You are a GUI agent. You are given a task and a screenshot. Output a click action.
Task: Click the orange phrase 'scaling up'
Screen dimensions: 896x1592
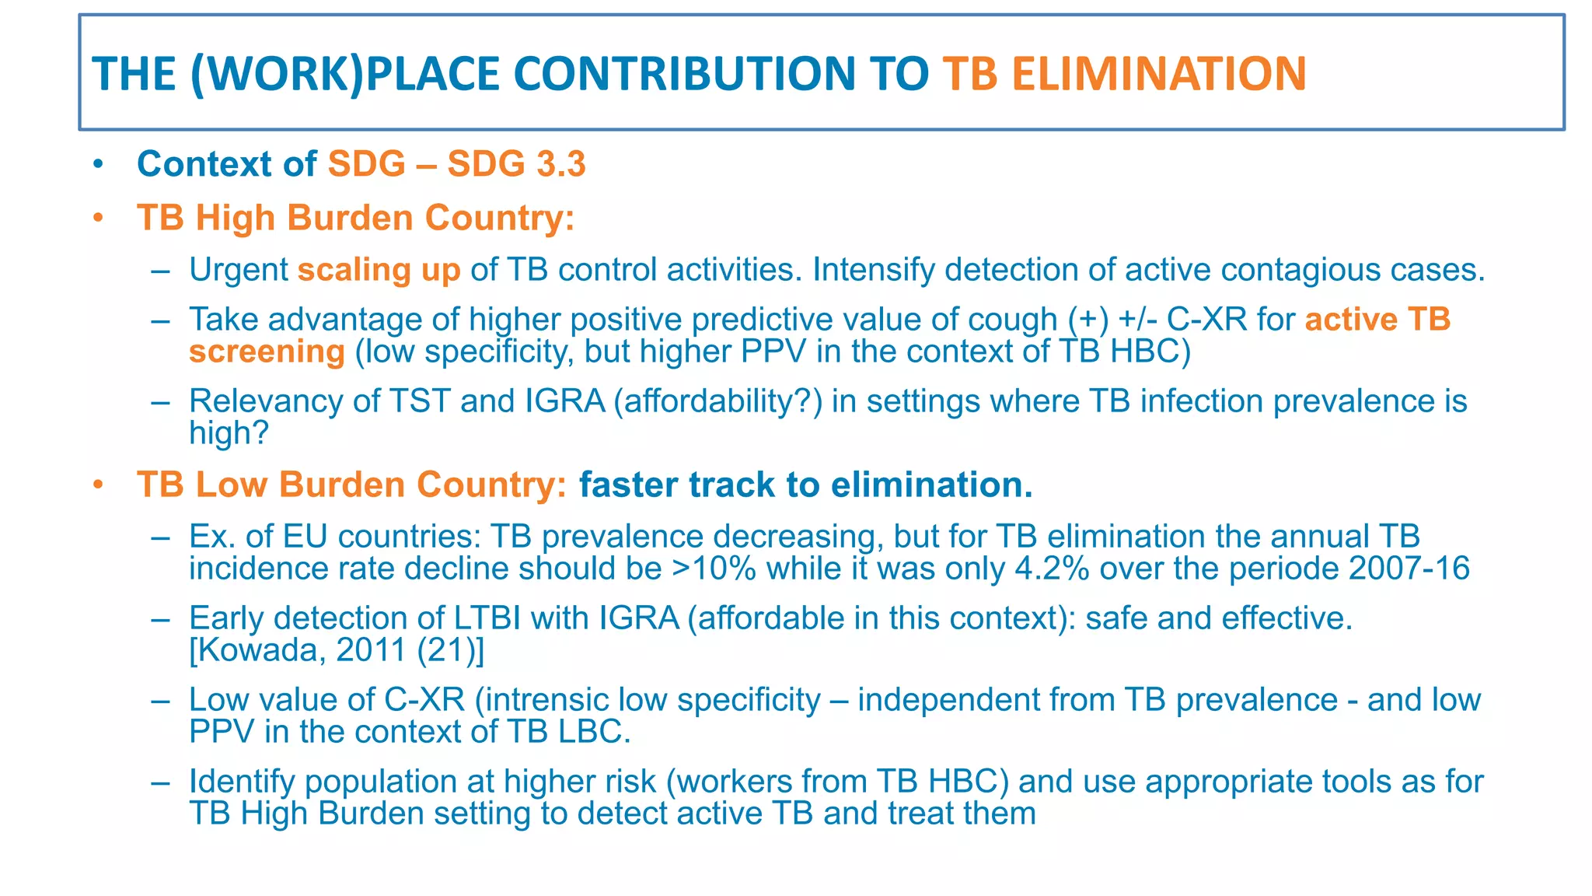click(379, 270)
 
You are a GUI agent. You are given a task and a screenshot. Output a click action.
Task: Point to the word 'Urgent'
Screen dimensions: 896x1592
click(239, 270)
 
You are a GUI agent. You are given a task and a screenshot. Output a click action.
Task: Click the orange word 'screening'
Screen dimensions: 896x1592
click(267, 352)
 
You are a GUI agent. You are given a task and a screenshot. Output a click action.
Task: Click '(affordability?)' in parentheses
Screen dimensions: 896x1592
click(717, 401)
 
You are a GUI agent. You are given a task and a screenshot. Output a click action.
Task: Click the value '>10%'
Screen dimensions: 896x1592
click(714, 569)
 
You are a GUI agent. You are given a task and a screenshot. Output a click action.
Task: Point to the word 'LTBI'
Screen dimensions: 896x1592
click(483, 618)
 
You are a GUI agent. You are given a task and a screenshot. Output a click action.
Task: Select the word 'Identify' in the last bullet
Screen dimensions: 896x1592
click(242, 782)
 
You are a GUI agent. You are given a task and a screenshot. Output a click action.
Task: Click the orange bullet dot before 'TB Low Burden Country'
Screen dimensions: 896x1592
click(97, 485)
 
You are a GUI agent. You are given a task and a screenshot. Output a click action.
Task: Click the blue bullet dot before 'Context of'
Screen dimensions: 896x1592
click(97, 164)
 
